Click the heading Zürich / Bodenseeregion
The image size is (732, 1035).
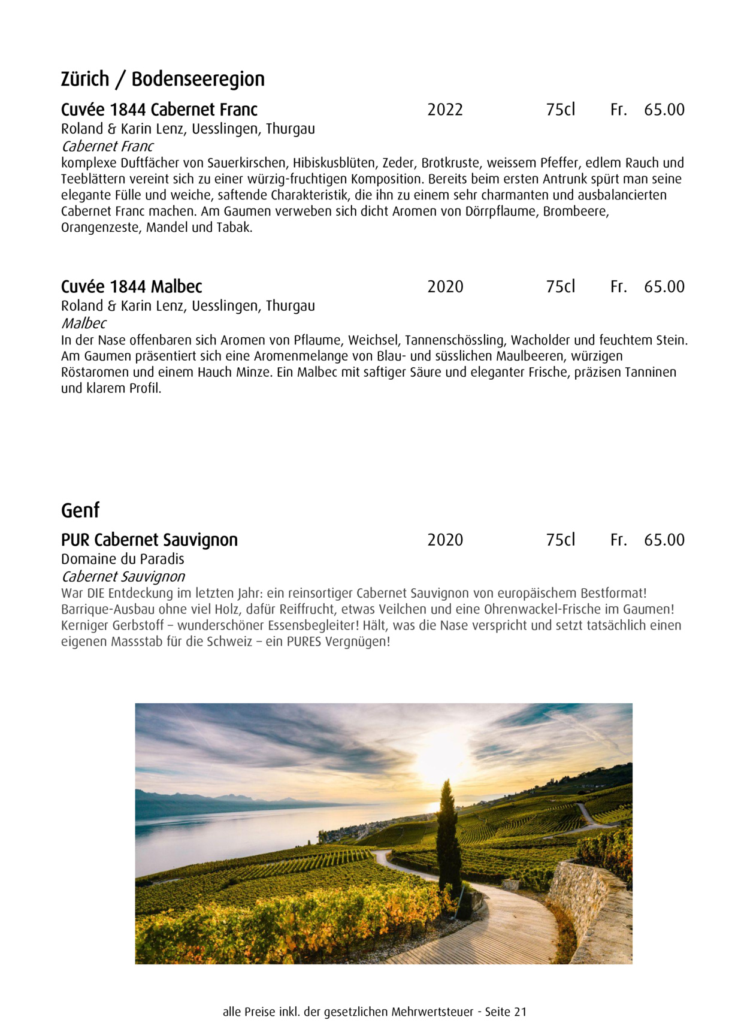click(162, 79)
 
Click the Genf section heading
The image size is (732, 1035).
click(80, 510)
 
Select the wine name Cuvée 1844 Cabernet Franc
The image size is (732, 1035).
click(159, 110)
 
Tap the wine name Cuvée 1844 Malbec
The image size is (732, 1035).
click(131, 286)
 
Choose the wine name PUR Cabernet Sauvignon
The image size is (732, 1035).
click(149, 540)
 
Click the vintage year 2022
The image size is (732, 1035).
click(445, 110)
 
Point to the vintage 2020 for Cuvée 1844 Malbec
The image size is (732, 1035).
click(445, 286)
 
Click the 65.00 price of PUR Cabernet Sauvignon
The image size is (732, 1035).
click(664, 540)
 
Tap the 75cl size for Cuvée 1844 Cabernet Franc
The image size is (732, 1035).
click(560, 110)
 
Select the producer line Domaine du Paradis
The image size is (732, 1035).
click(122, 559)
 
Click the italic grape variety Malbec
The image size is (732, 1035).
click(83, 323)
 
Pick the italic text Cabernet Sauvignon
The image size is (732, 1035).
click(123, 576)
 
